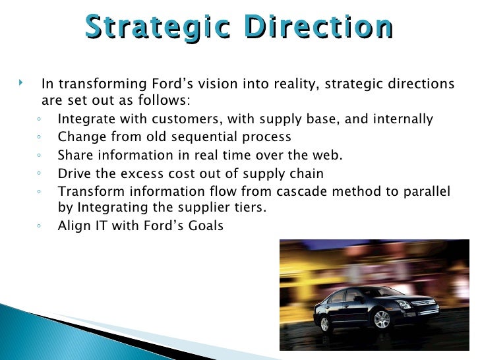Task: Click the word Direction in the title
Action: pos(316,27)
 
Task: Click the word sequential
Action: pos(220,137)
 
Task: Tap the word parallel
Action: pos(425,191)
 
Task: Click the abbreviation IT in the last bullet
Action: pos(96,225)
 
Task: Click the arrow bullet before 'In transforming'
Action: pos(22,83)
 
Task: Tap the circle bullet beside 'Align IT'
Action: pos(41,226)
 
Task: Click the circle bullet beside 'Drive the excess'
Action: pos(41,174)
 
